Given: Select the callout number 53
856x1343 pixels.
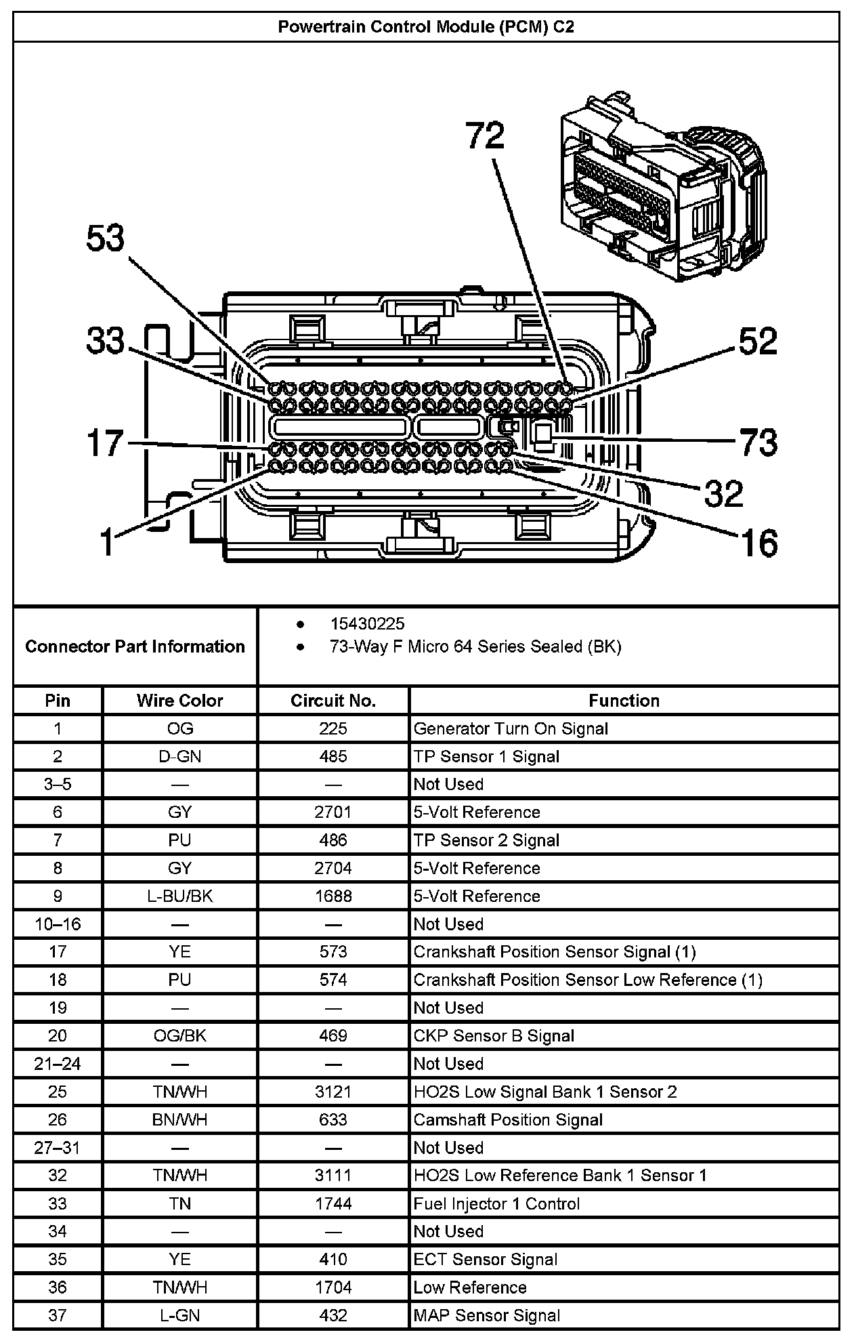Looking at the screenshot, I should tap(106, 239).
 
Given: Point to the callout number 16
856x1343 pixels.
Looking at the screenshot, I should tap(759, 542).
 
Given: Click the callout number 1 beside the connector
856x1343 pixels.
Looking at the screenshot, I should tap(106, 542).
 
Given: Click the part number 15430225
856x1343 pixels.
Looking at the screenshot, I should tap(367, 623).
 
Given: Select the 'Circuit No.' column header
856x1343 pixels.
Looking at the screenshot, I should tap(333, 701).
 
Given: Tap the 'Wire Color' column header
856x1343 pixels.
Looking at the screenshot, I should tap(179, 701).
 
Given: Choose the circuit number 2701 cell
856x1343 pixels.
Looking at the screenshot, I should tap(333, 812).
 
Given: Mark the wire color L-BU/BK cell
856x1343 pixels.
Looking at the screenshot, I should tap(179, 896).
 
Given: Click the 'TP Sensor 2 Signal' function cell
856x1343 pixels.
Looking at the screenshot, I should tap(486, 840).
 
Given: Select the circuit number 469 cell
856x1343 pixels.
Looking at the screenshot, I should tap(333, 1035).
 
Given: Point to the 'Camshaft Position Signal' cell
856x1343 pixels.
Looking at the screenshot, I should tap(508, 1119).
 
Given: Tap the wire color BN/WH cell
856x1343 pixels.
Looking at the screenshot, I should tap(179, 1119).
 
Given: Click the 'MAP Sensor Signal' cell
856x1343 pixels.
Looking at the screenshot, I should tap(487, 1315).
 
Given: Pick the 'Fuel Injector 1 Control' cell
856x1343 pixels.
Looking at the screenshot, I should tap(496, 1203).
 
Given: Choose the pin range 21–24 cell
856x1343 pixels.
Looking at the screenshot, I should tap(58, 1064).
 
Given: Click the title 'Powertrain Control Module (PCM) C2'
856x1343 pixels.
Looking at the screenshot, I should tap(426, 27).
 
